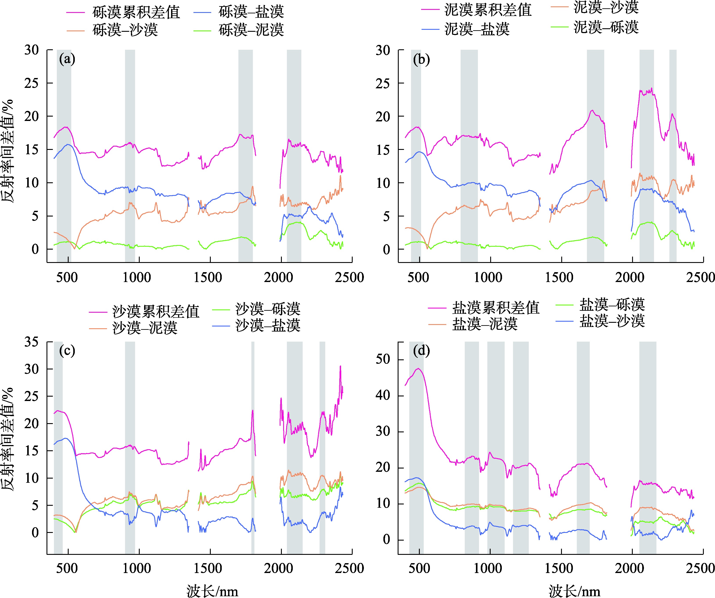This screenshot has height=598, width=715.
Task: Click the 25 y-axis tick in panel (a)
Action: [31, 83]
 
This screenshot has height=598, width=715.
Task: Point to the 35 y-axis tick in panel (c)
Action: [31, 342]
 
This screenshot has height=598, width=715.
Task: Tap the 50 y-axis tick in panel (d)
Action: [383, 359]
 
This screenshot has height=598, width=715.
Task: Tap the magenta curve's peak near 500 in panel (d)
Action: [418, 369]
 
